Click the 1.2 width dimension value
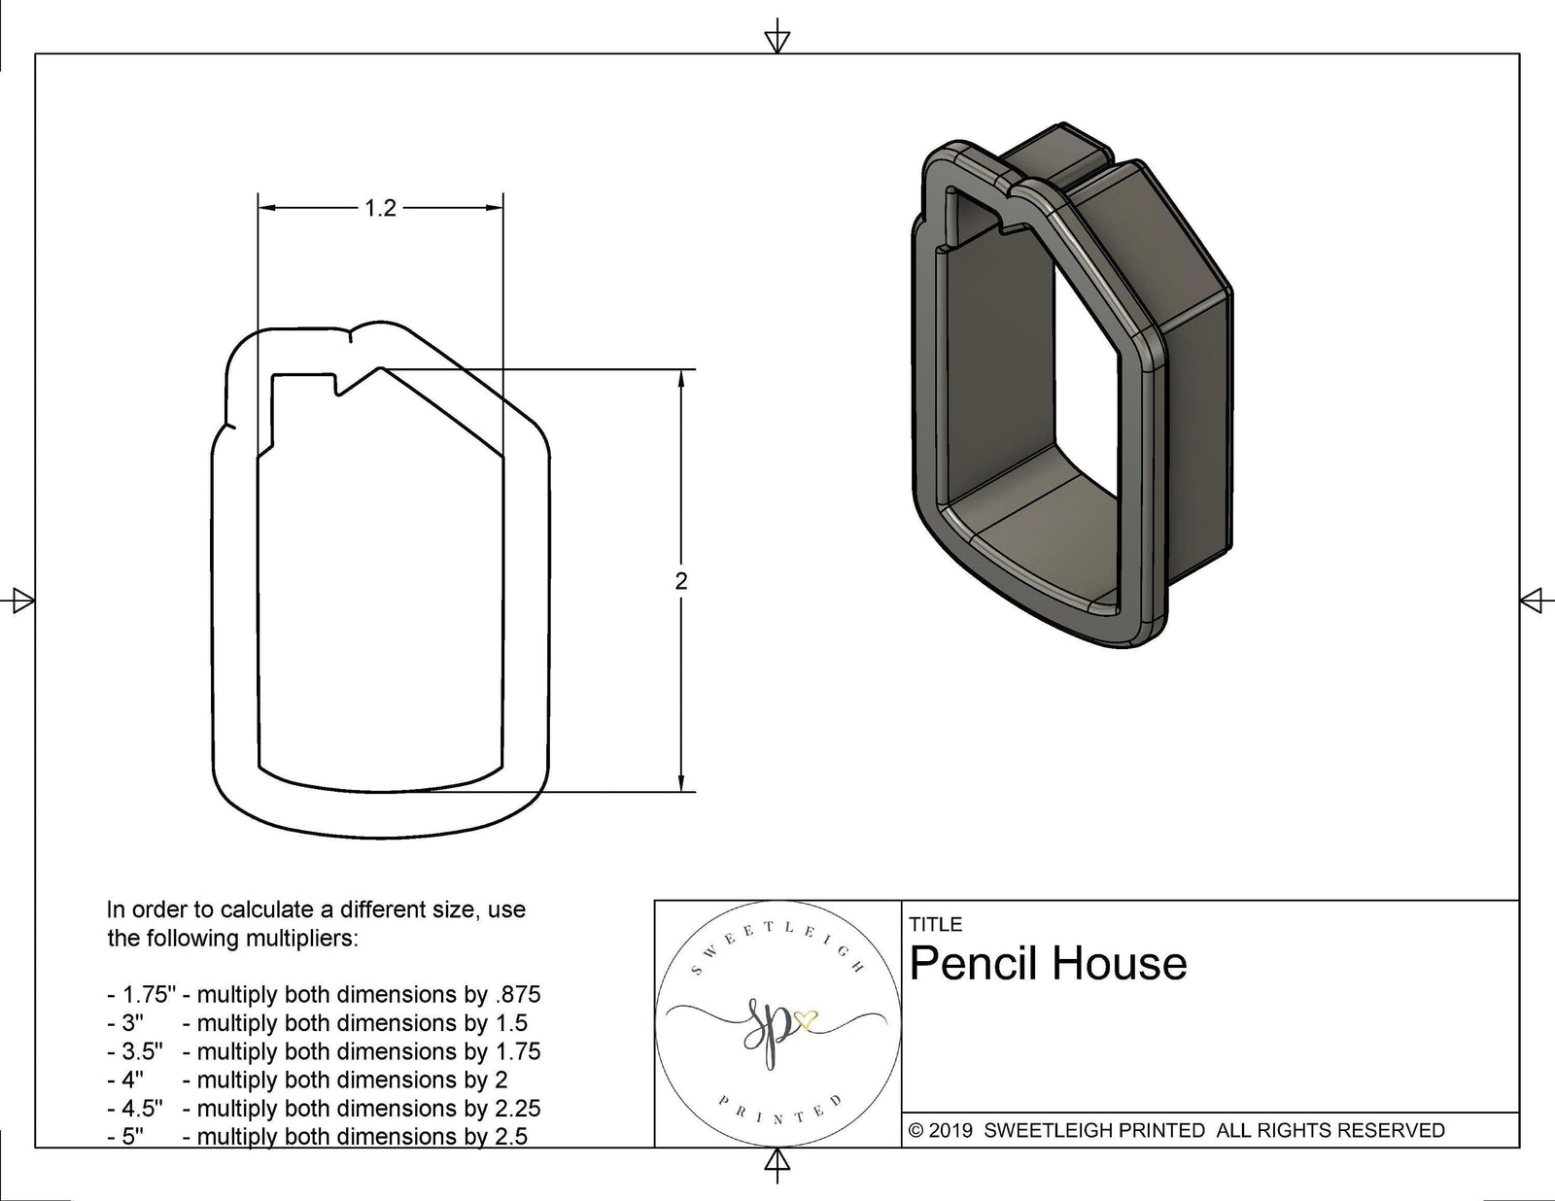(380, 208)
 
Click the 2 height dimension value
(680, 581)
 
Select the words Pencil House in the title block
(1048, 964)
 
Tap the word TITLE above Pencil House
(935, 924)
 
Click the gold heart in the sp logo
(806, 1020)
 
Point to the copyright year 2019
(950, 1130)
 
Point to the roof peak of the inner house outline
(381, 368)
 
